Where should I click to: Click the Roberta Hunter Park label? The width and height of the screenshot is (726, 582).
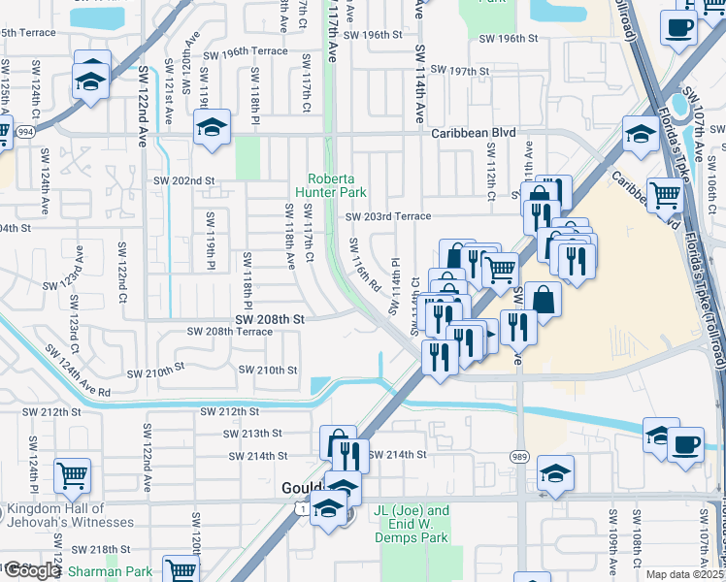point(336,184)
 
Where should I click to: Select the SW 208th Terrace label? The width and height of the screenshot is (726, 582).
point(230,331)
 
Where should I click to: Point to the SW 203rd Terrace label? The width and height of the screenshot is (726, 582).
point(387,217)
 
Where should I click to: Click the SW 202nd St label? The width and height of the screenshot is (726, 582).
point(182,180)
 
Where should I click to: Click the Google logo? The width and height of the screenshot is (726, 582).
point(32,570)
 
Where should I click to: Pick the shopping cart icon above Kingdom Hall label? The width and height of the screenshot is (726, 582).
point(73,475)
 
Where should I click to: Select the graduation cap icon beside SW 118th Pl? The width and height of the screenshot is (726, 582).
point(211,127)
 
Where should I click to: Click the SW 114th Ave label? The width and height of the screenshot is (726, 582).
point(420,82)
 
